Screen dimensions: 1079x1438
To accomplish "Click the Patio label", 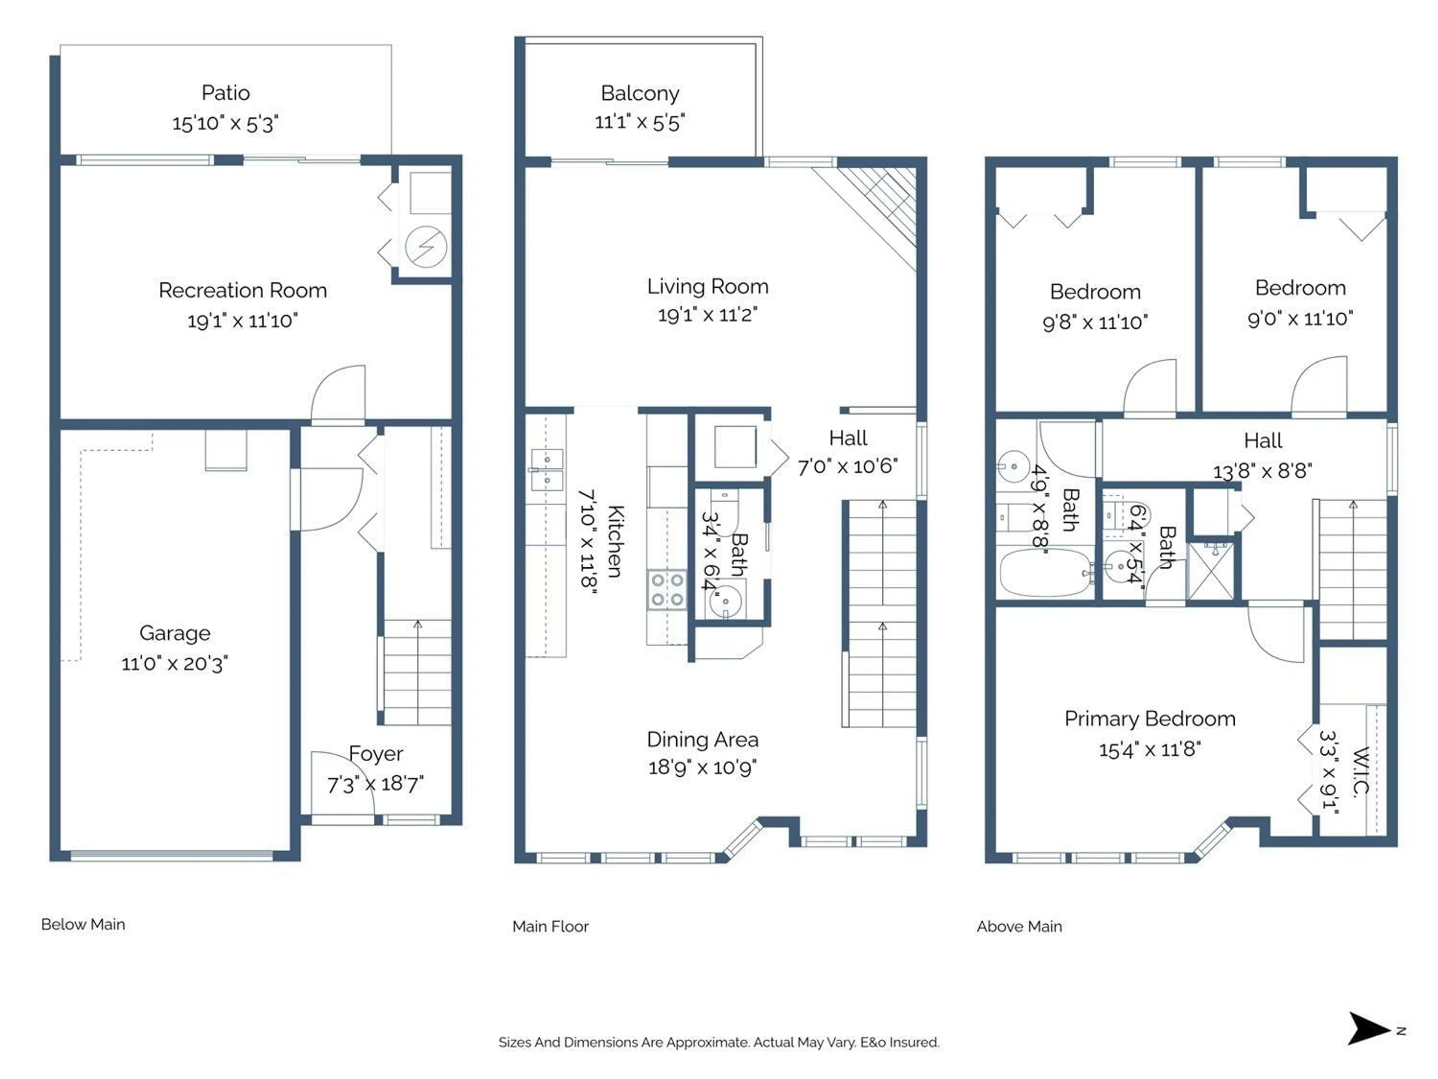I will coord(225,93).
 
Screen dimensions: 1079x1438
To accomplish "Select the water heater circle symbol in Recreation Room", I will coord(426,247).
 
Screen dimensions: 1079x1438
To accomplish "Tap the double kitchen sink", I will coord(547,469).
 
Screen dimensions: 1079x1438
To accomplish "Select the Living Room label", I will coord(707,287).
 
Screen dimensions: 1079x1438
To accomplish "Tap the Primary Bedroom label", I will coord(1149,719).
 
